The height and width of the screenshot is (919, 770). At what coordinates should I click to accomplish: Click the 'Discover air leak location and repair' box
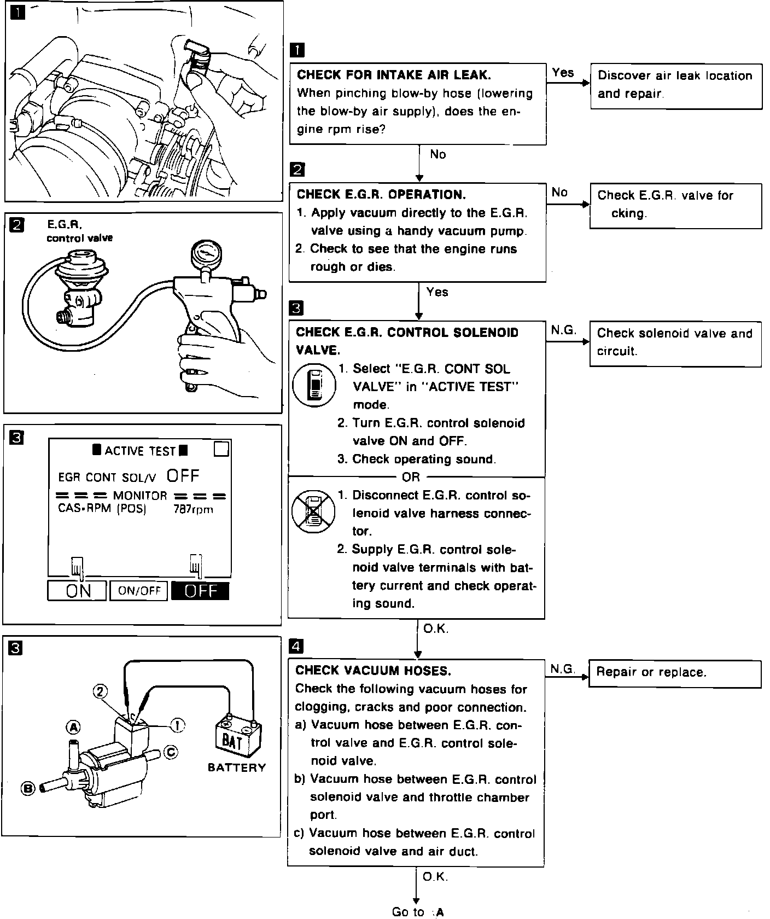pyautogui.click(x=676, y=85)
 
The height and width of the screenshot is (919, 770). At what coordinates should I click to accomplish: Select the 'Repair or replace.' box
pyautogui.click(x=674, y=673)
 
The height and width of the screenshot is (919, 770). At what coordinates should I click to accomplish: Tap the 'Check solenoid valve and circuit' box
pyautogui.click(x=675, y=343)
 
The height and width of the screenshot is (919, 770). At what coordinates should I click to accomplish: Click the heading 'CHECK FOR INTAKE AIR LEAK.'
pyautogui.click(x=394, y=75)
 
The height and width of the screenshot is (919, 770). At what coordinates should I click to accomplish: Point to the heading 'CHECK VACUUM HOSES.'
pyautogui.click(x=374, y=671)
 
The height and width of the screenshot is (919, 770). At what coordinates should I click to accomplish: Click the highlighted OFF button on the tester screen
pyautogui.click(x=200, y=591)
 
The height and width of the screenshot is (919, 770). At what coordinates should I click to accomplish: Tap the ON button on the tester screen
pyautogui.click(x=77, y=591)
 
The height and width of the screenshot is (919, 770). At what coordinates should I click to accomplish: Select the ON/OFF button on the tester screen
pyautogui.click(x=139, y=591)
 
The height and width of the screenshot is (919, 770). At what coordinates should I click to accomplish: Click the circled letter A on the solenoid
pyautogui.click(x=73, y=727)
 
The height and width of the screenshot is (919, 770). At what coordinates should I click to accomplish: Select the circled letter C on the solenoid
pyautogui.click(x=171, y=753)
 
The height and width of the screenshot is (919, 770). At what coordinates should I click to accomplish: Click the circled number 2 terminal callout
pyautogui.click(x=100, y=691)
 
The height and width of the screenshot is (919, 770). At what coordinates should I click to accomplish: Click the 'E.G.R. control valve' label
pyautogui.click(x=79, y=231)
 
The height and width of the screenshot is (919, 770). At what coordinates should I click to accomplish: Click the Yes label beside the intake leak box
pyautogui.click(x=563, y=73)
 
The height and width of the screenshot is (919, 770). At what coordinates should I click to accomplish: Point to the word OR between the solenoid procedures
pyautogui.click(x=411, y=478)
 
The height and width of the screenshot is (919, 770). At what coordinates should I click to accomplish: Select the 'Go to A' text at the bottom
pyautogui.click(x=418, y=912)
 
